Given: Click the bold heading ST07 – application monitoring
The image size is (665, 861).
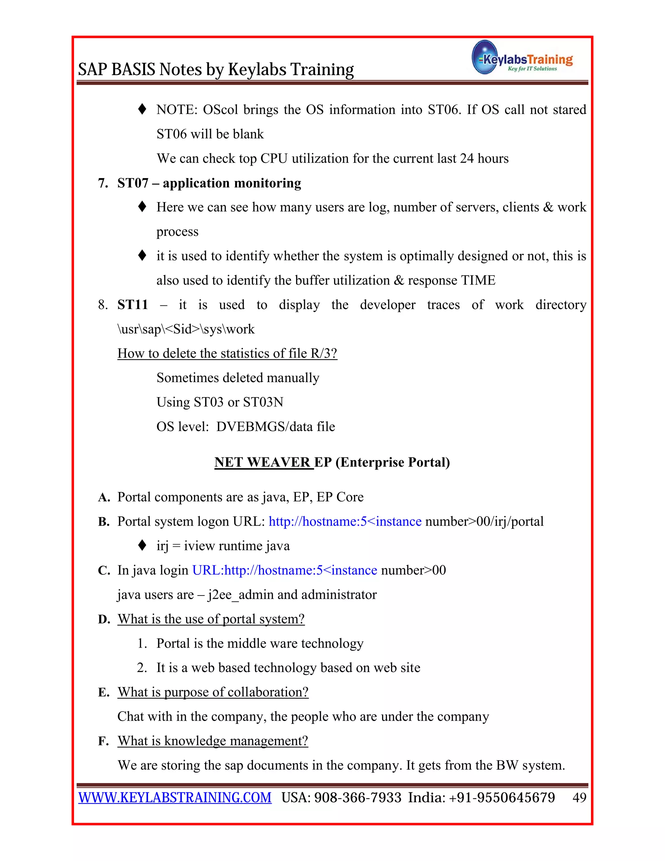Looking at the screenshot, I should pos(209,183).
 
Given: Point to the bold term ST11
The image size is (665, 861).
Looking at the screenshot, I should pos(132,305).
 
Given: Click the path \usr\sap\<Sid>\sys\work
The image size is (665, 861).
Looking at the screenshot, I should pos(186,329).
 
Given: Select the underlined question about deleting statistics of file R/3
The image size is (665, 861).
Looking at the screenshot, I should pos(227,353).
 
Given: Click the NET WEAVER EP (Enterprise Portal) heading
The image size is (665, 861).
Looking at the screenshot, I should pos(332,462).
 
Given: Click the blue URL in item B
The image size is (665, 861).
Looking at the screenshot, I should pos(345,521).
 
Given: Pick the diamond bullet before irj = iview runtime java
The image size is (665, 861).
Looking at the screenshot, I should pos(143,546).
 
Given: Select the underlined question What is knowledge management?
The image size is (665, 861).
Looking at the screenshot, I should pos(213,741).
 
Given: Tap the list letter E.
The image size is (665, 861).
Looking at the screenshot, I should pos(103,692).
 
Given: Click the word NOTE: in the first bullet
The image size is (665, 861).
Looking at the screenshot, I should pos(177,109).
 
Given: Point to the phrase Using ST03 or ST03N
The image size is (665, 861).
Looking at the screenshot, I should pos(220,402).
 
